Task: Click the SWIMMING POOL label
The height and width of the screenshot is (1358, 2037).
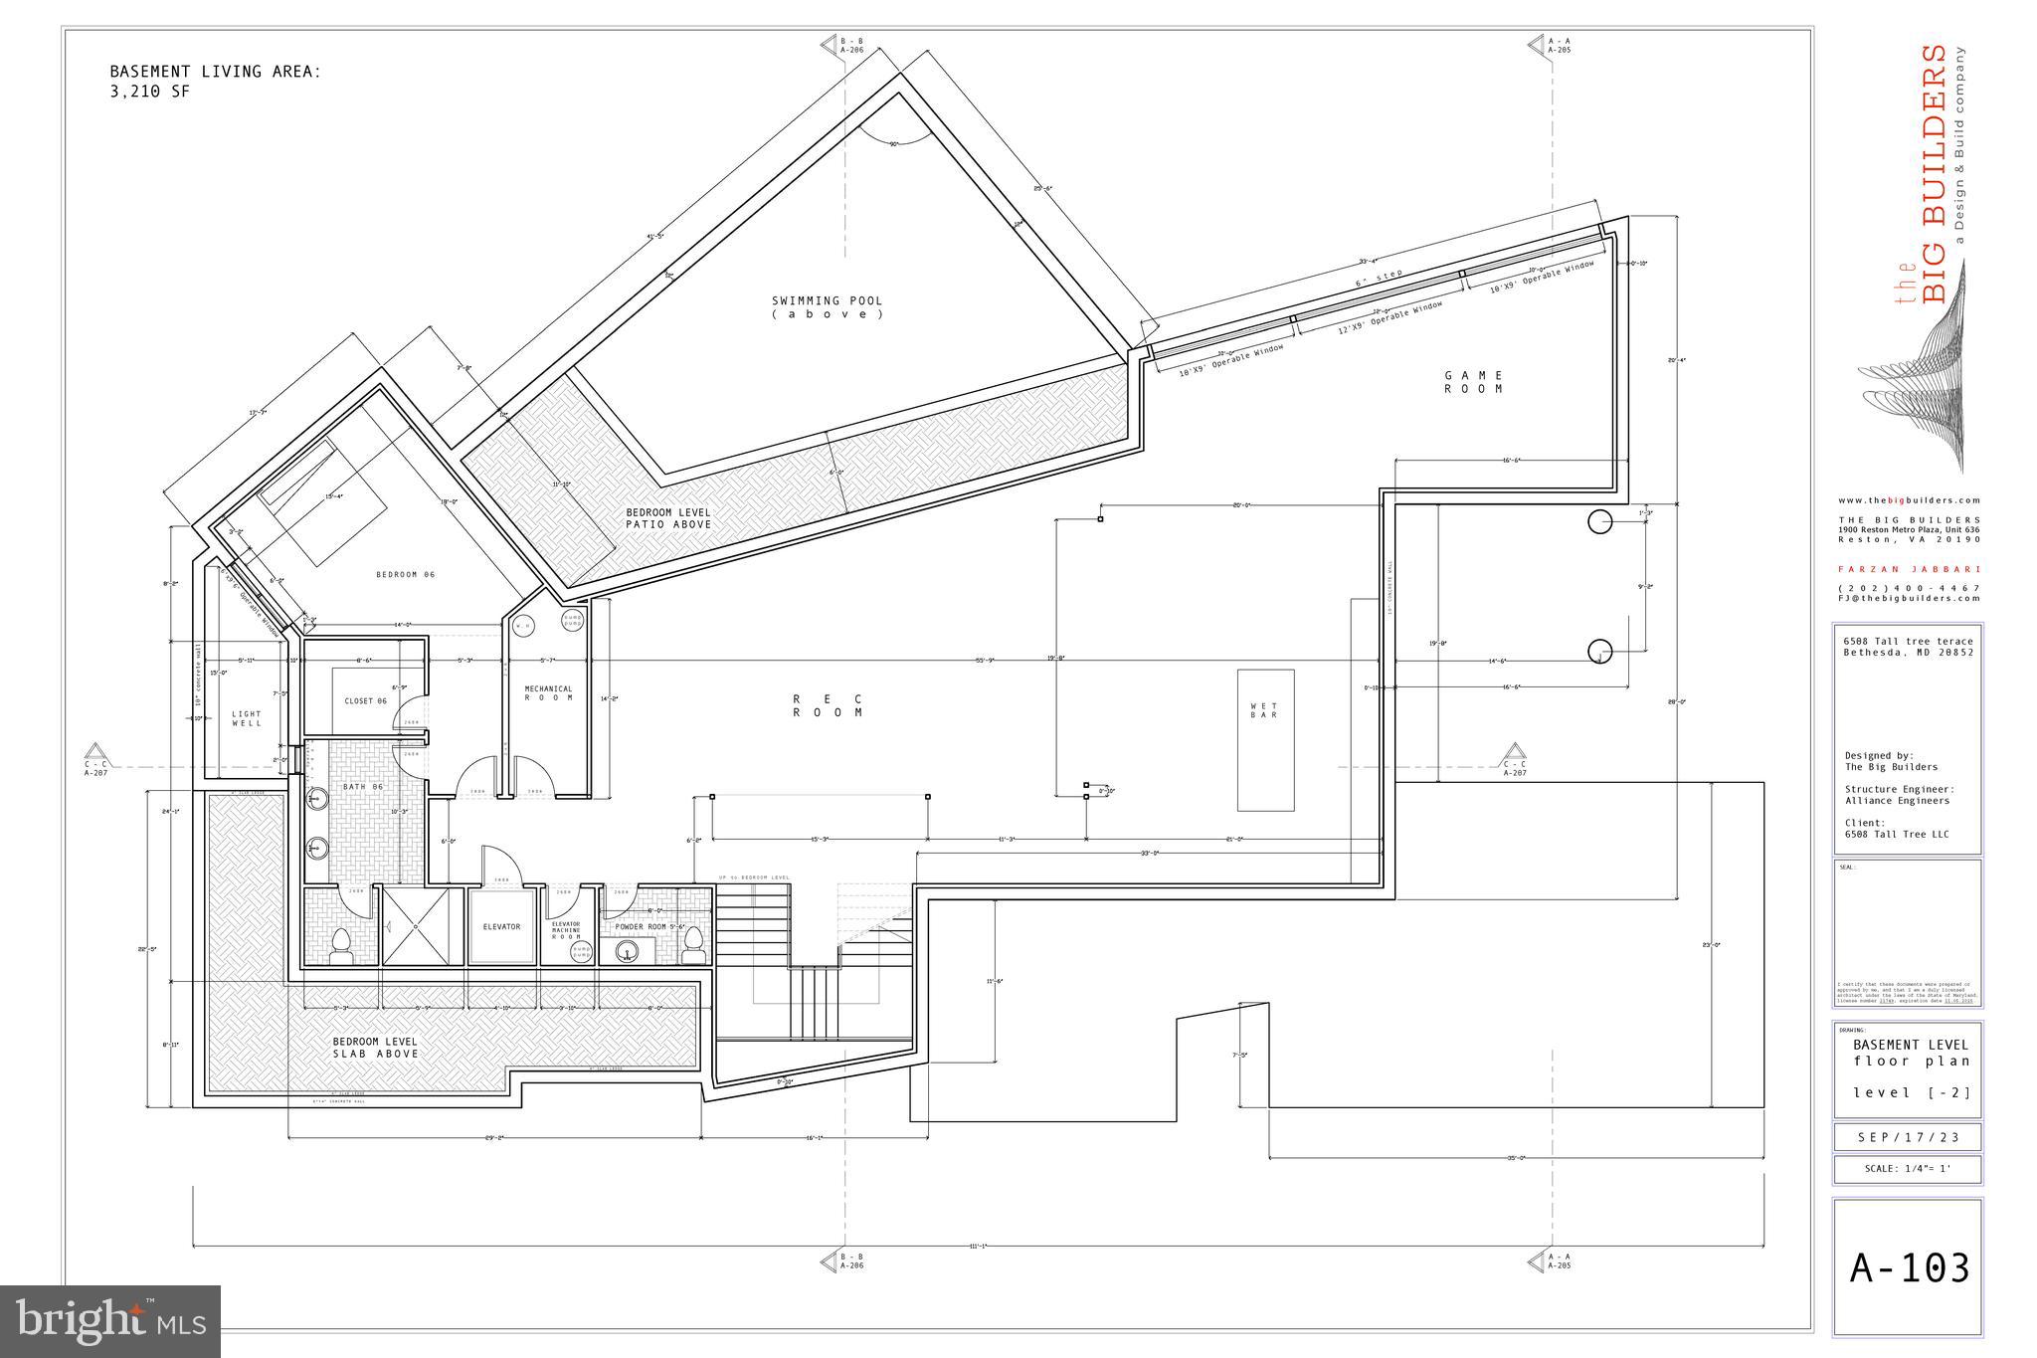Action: click(827, 306)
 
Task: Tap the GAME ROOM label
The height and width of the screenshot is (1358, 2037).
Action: click(1474, 382)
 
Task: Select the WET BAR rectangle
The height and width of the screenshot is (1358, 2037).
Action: click(1265, 739)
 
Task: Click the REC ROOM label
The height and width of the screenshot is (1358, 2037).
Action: click(828, 705)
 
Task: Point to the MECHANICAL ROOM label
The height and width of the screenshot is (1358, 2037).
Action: click(549, 692)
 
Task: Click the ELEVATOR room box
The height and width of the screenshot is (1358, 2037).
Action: click(501, 927)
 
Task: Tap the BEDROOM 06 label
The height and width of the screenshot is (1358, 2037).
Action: click(405, 574)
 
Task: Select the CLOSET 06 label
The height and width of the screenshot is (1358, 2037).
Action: click(365, 701)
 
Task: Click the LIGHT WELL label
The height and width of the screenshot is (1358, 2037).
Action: click(247, 718)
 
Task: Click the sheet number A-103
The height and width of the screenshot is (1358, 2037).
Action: click(1909, 1268)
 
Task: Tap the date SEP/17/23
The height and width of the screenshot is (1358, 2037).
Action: click(1908, 1136)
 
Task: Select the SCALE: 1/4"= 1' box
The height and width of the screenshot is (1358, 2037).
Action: click(1908, 1169)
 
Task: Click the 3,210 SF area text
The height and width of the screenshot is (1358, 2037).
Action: click(149, 92)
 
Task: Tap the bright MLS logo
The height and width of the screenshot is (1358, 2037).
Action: click(109, 1321)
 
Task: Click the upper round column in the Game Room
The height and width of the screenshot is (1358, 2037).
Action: click(1599, 521)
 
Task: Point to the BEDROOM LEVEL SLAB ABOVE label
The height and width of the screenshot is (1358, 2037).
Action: click(375, 1047)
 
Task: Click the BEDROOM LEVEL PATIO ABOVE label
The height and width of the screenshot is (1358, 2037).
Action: click(667, 518)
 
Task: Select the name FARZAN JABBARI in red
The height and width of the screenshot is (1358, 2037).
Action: click(1909, 569)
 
